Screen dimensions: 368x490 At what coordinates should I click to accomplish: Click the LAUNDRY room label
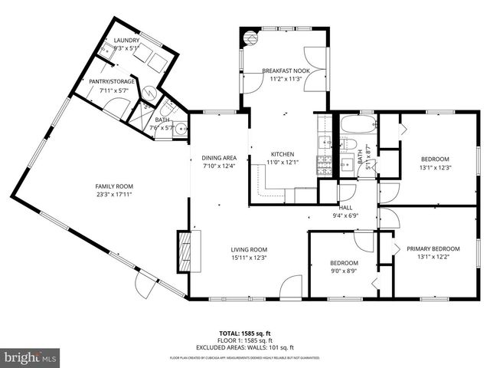[127, 41]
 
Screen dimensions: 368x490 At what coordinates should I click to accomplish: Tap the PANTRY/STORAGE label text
[113, 80]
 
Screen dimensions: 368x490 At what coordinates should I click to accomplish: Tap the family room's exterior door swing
[145, 284]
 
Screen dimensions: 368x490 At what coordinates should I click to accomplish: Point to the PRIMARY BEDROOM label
[433, 248]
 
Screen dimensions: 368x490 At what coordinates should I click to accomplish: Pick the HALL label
[345, 207]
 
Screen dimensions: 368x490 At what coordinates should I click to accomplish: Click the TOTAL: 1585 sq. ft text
[244, 333]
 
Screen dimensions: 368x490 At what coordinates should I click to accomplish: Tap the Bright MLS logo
[31, 357]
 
